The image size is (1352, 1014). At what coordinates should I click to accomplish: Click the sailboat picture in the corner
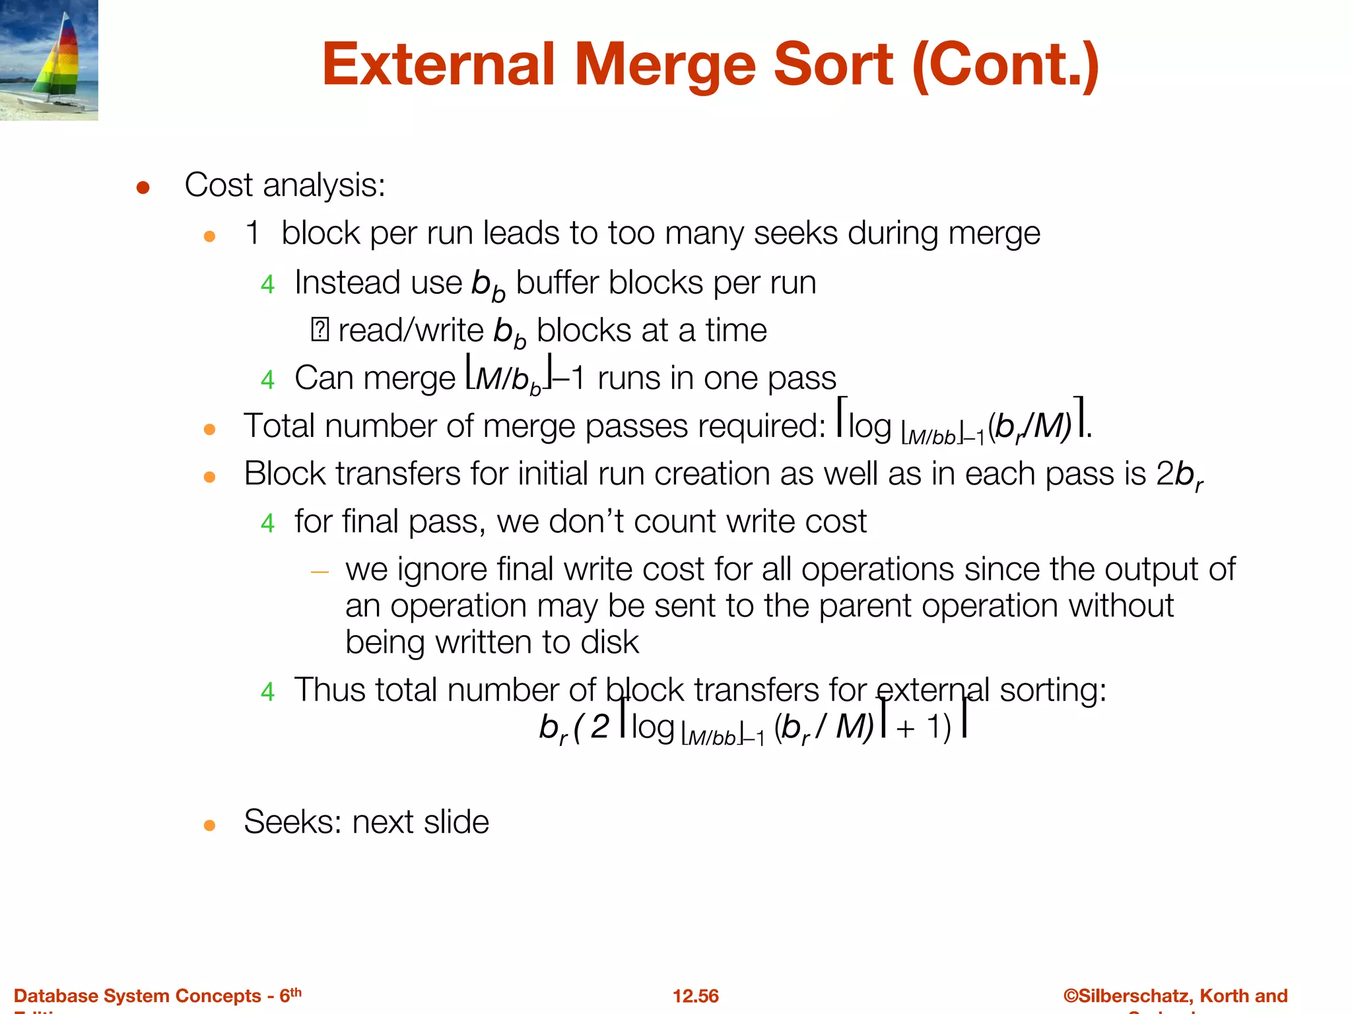(x=49, y=60)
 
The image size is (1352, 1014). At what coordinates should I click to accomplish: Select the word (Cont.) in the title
(x=1005, y=65)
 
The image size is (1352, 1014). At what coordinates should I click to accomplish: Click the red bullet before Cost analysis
(x=143, y=188)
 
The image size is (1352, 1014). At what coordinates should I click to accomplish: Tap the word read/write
(x=411, y=331)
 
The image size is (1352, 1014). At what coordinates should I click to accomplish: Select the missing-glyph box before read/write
(x=320, y=329)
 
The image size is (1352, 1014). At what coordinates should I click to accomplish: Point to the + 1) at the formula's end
(x=924, y=727)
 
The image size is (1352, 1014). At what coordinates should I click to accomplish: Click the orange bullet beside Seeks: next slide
(x=210, y=825)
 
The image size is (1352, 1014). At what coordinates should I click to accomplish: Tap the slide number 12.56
(x=695, y=996)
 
